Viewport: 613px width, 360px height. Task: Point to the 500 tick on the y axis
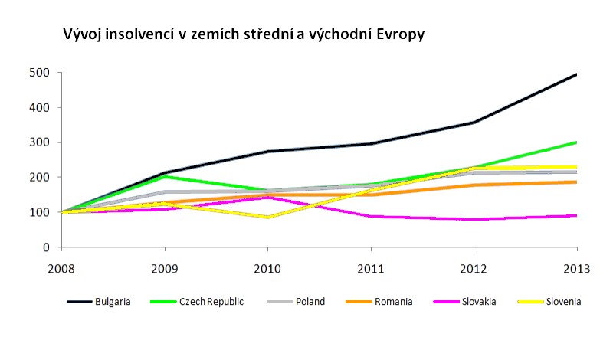coord(40,73)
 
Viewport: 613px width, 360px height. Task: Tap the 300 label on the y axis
coord(40,142)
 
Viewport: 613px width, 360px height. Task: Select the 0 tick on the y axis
coord(46,247)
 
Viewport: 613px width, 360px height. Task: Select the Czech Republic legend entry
coord(211,301)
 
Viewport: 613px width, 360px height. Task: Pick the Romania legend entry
coord(393,301)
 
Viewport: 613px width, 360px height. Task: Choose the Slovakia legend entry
coord(479,301)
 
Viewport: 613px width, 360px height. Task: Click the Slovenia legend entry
coord(563,301)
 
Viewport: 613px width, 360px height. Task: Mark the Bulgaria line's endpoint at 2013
coord(576,74)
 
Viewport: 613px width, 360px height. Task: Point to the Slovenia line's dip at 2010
coord(267,218)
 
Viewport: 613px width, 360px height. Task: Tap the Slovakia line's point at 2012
coord(474,219)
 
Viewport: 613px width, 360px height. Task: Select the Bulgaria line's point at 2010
coord(267,152)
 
